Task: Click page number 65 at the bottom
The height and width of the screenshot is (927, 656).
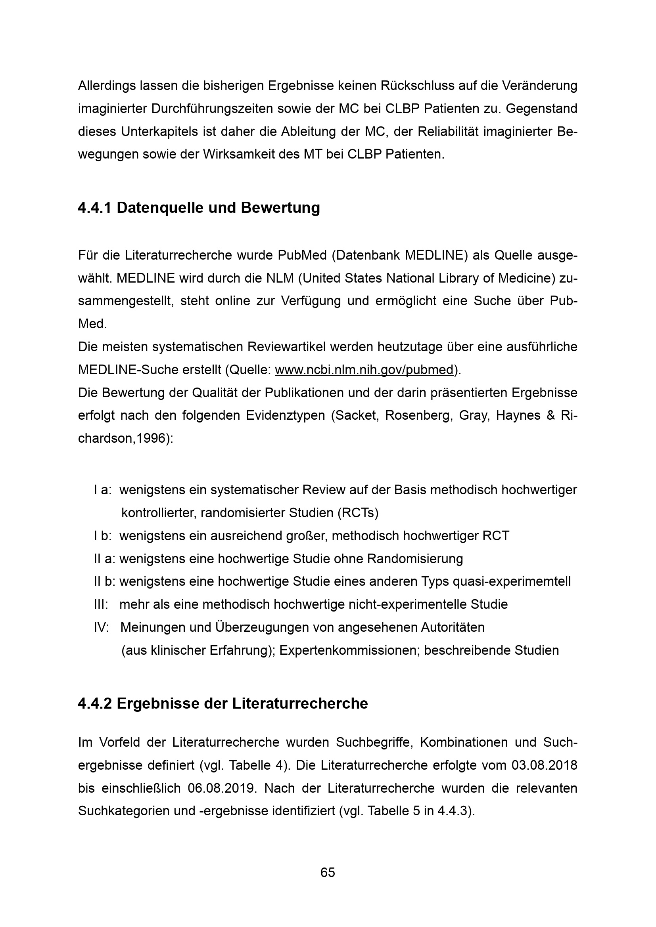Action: (x=328, y=872)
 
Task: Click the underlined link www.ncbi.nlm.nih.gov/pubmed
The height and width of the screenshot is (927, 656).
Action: (x=364, y=370)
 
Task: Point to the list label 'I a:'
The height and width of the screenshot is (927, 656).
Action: (x=103, y=490)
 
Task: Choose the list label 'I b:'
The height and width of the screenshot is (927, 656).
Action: (x=103, y=536)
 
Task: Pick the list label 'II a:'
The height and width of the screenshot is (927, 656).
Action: (x=105, y=559)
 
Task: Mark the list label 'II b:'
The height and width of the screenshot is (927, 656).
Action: (x=105, y=581)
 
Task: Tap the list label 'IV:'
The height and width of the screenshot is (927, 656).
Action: (x=102, y=627)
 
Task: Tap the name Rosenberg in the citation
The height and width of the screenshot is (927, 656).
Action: (x=418, y=415)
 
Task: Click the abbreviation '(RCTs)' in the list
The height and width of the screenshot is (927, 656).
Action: (x=357, y=513)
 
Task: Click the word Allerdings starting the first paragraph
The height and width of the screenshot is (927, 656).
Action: (x=106, y=86)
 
